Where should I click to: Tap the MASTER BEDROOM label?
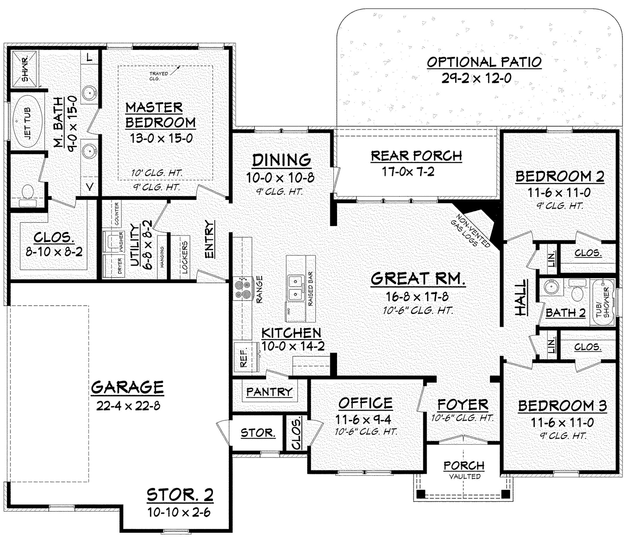160,115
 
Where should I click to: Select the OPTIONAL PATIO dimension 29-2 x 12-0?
476,79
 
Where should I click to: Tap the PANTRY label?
269,392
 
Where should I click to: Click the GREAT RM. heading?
418,279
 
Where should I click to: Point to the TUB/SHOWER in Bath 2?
603,303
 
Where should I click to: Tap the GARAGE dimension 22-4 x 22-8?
128,406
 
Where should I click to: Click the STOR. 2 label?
180,495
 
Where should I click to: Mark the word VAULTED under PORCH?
465,476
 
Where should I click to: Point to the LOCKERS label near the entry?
184,257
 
